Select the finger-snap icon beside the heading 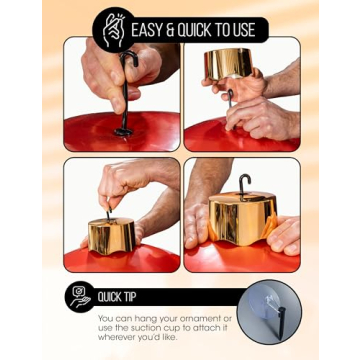coord(113,30)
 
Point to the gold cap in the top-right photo coord(228,63)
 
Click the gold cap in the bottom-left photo coord(111,235)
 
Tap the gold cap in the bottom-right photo coord(243,217)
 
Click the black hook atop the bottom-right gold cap coord(244,187)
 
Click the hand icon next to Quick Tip coord(79,297)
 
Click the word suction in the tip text coord(144,328)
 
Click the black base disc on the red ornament coord(124,131)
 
